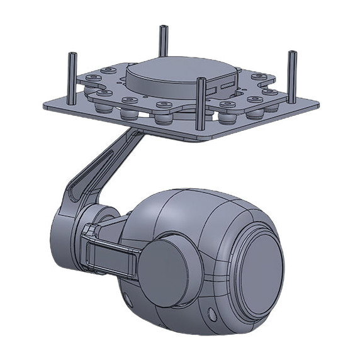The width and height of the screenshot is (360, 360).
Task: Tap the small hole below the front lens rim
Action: tap(212, 313)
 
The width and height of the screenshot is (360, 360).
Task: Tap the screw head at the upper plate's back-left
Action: tap(93, 77)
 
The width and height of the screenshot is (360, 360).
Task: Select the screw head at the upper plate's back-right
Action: tap(258, 77)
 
